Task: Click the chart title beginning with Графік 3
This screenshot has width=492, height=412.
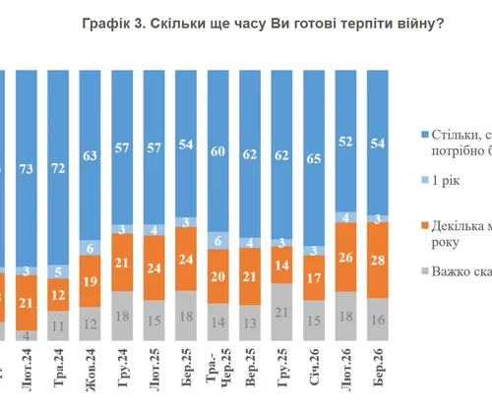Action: click(262, 23)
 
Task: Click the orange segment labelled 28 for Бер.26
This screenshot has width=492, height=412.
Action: click(380, 260)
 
